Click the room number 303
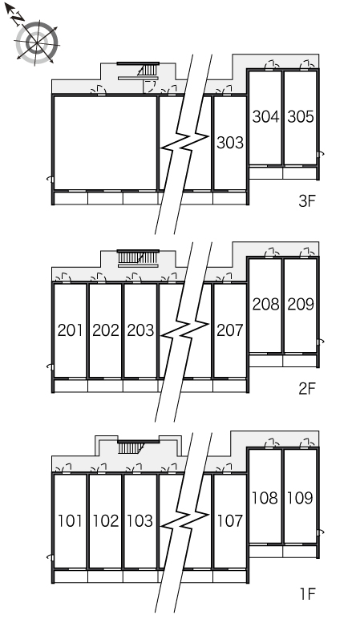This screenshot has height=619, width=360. [230, 143]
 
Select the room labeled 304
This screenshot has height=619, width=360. [265, 116]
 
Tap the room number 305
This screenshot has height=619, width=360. [301, 116]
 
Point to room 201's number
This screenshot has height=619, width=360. [70, 330]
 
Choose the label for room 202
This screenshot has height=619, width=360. [105, 330]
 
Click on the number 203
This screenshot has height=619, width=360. [140, 330]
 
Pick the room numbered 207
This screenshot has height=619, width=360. [230, 330]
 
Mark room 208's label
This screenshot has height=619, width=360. [265, 304]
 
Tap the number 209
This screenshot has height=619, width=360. [301, 304]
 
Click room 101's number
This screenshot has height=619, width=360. [70, 520]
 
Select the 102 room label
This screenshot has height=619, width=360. [105, 520]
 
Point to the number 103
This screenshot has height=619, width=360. [140, 520]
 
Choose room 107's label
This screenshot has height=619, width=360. [230, 520]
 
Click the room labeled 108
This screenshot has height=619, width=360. [265, 498]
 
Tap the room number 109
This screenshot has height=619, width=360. [301, 498]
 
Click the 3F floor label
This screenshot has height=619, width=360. [308, 201]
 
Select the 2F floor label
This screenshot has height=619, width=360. [308, 389]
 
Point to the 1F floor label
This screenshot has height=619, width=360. [308, 593]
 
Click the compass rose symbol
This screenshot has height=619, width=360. [36, 42]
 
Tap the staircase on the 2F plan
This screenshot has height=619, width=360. [138, 257]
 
